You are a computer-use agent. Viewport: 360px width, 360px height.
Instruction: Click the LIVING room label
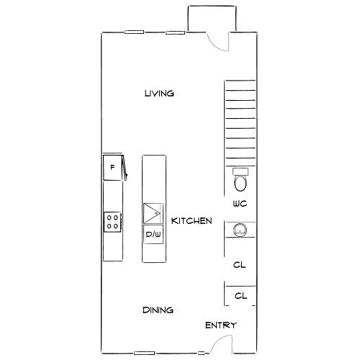[x=159, y=94]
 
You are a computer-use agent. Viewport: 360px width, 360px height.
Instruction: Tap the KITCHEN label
[x=192, y=221]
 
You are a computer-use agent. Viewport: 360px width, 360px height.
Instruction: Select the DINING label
[x=158, y=310]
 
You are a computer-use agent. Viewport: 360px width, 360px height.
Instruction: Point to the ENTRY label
[x=221, y=325]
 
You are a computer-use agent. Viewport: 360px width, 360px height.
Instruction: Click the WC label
[x=240, y=204]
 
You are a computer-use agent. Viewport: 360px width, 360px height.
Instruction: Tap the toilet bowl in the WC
[x=240, y=184]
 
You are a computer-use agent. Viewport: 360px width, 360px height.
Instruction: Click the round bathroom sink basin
[x=240, y=230]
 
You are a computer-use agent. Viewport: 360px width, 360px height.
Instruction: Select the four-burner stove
[x=112, y=222]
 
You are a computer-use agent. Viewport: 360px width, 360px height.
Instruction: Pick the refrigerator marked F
[x=112, y=168]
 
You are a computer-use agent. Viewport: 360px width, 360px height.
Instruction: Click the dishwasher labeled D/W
[x=153, y=234]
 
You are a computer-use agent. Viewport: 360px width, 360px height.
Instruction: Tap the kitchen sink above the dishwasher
[x=153, y=214]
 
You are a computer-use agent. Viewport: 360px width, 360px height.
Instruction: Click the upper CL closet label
[x=240, y=265]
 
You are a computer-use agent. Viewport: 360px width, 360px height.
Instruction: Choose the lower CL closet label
[x=240, y=296]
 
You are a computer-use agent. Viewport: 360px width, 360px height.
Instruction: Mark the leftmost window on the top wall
[x=134, y=32]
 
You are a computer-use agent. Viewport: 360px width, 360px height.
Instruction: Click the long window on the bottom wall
[x=144, y=353]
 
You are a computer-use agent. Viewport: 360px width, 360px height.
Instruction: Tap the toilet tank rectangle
[x=240, y=171]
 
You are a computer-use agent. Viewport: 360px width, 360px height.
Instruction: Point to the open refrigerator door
[x=125, y=168]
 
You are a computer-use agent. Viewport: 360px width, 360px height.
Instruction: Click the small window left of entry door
[x=201, y=353]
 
